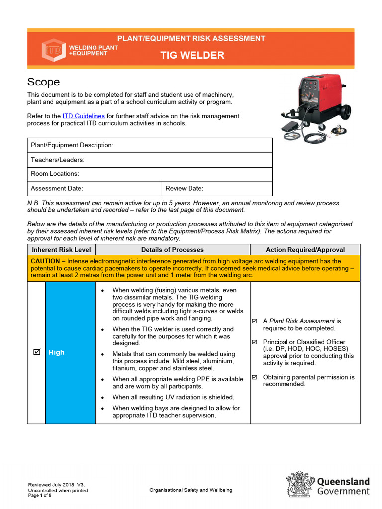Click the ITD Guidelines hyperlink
point(84,116)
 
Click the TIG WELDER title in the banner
point(191,55)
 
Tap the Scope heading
point(43,82)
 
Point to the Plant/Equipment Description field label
point(72,145)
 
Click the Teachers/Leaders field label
point(57,160)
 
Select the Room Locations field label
point(55,174)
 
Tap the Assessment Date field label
point(57,188)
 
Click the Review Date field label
point(184,188)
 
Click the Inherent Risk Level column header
point(61,250)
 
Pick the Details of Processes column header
point(172,250)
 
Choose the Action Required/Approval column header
point(305,250)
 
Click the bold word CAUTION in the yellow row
point(48,261)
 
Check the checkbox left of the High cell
point(36,352)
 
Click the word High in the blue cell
point(57,352)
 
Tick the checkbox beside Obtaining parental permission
point(255,377)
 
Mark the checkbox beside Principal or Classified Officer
point(255,342)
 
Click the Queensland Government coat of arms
point(299,484)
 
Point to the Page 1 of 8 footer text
point(40,495)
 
